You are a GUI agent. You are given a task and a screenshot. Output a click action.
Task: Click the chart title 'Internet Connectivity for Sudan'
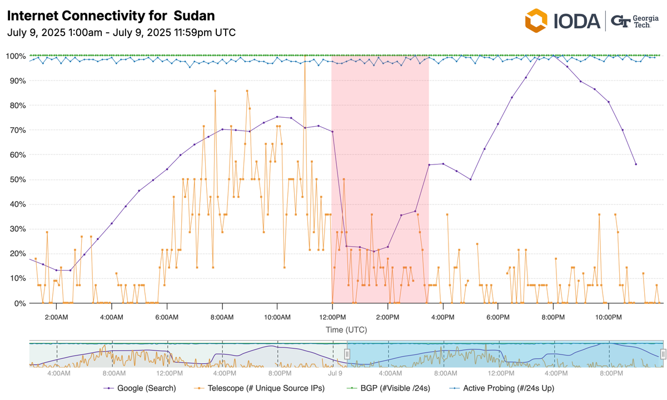(x=111, y=15)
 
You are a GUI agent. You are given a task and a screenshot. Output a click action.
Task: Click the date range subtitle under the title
(x=121, y=32)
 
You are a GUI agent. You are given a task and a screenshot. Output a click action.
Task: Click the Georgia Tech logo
(x=634, y=21)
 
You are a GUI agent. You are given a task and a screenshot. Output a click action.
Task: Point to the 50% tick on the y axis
(x=15, y=180)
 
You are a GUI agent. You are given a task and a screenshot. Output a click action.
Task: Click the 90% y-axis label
(x=15, y=81)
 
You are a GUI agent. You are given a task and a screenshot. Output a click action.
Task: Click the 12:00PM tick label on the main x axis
(x=332, y=317)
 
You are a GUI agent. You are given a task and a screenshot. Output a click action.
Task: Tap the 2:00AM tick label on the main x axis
(x=57, y=317)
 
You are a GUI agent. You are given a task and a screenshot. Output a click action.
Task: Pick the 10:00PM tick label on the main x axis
(x=608, y=317)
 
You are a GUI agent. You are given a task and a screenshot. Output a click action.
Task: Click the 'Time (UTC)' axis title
(x=346, y=330)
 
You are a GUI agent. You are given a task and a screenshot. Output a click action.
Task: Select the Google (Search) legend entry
(x=140, y=388)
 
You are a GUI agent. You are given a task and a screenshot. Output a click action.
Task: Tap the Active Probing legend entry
(x=502, y=388)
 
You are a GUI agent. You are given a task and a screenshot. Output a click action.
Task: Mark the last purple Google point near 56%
(x=636, y=164)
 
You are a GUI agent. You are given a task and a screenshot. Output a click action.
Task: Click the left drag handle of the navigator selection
(x=347, y=353)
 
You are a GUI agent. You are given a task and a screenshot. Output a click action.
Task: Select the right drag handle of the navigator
(x=663, y=353)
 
